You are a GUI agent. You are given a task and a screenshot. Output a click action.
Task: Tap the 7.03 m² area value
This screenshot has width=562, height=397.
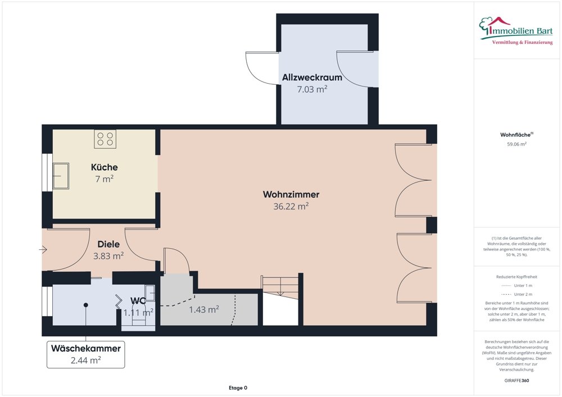[312, 89]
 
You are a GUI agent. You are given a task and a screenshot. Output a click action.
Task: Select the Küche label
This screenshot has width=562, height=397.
[105, 167]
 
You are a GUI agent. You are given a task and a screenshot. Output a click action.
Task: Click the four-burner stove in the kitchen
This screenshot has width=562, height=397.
[105, 139]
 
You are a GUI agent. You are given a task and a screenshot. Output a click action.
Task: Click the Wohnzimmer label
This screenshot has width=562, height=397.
[291, 195]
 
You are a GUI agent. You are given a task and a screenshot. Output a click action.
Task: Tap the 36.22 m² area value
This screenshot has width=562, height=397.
[291, 207]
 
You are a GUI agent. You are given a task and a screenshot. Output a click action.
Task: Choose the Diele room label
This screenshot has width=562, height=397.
[108, 244]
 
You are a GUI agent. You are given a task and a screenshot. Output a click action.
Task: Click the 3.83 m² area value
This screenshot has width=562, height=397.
[108, 256]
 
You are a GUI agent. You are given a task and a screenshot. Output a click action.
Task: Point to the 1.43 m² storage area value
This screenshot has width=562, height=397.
[204, 309]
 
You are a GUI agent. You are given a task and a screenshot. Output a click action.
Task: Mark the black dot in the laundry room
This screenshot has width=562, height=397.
[86, 305]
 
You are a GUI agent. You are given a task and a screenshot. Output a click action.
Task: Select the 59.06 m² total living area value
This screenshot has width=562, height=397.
[516, 144]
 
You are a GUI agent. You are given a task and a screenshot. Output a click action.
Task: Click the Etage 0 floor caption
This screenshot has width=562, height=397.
[238, 387]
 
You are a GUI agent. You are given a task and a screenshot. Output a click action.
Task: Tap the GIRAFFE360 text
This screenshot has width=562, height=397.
[516, 380]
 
